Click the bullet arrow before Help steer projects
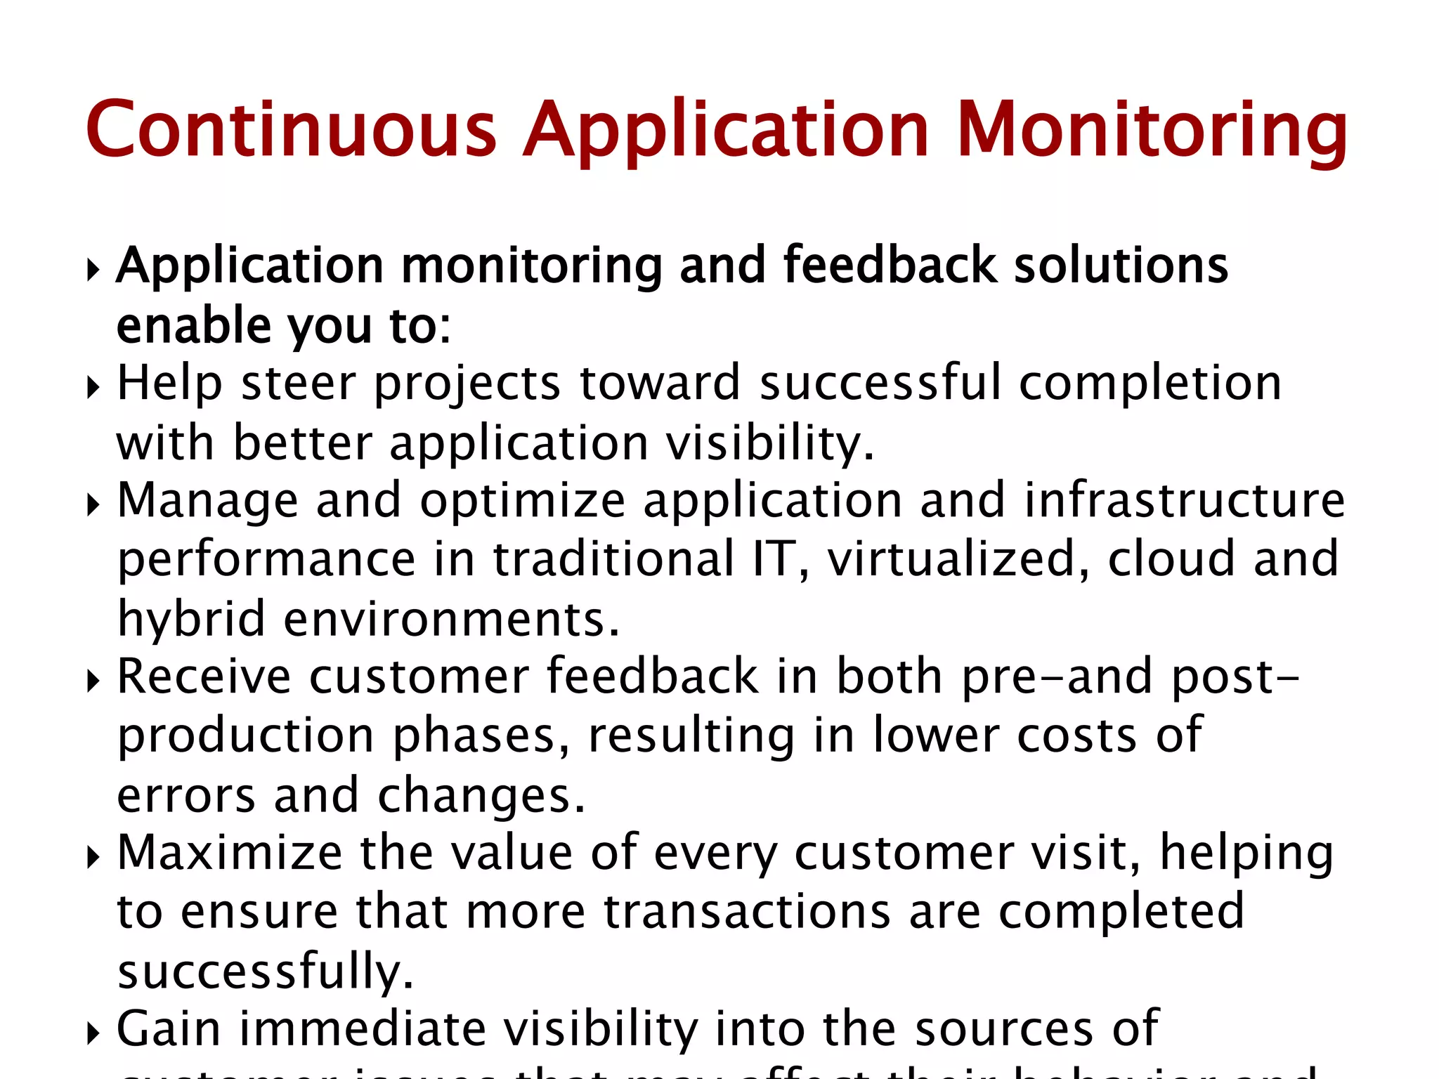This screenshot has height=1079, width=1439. pyautogui.click(x=93, y=387)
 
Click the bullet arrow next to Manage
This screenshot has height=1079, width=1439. pyautogui.click(x=93, y=504)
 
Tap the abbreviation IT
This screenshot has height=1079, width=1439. pyautogui.click(x=774, y=559)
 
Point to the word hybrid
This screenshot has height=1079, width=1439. pyautogui.click(x=191, y=620)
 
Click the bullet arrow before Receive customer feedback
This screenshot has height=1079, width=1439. pyautogui.click(x=93, y=681)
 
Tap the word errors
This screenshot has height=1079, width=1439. pyautogui.click(x=186, y=795)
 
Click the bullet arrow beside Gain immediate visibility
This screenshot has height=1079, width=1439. pyautogui.click(x=93, y=1033)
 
